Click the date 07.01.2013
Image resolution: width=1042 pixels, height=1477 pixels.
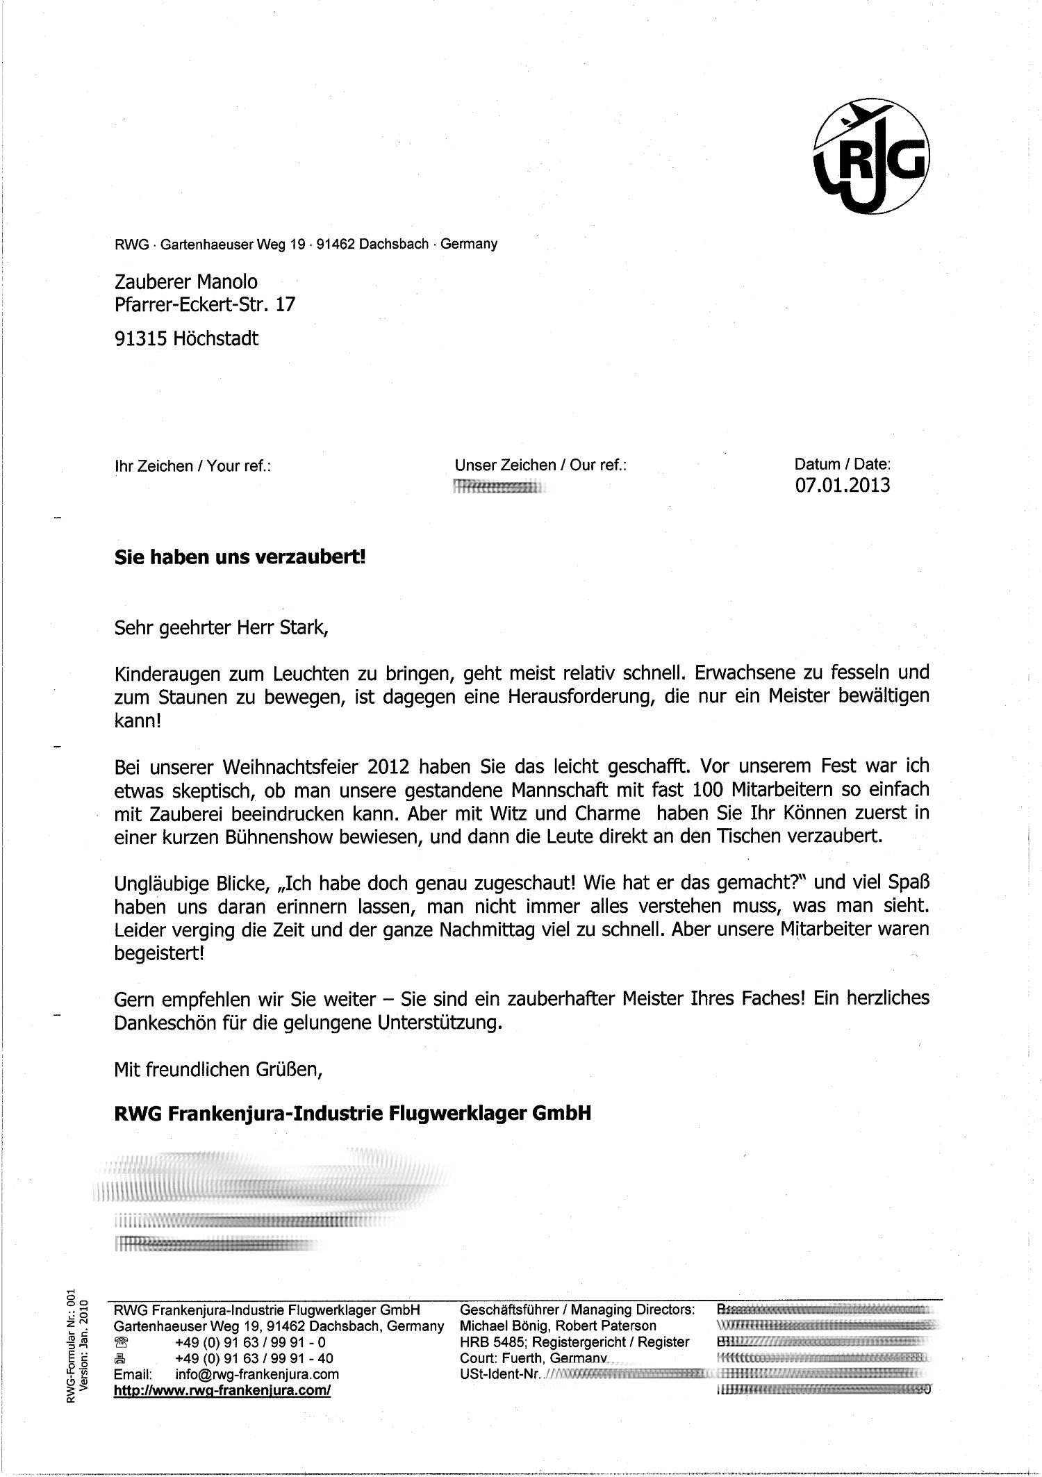pos(842,485)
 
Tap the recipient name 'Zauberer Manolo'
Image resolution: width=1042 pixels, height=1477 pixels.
pos(185,281)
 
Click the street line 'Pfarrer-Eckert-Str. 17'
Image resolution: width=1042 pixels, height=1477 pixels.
pos(204,304)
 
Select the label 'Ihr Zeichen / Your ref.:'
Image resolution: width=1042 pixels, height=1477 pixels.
pos(192,465)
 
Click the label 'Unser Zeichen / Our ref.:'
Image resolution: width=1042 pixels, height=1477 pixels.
pos(540,465)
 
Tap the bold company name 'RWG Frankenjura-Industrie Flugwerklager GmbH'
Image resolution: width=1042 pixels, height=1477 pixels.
pos(352,1114)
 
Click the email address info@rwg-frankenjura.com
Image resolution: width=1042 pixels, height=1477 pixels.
pos(257,1374)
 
